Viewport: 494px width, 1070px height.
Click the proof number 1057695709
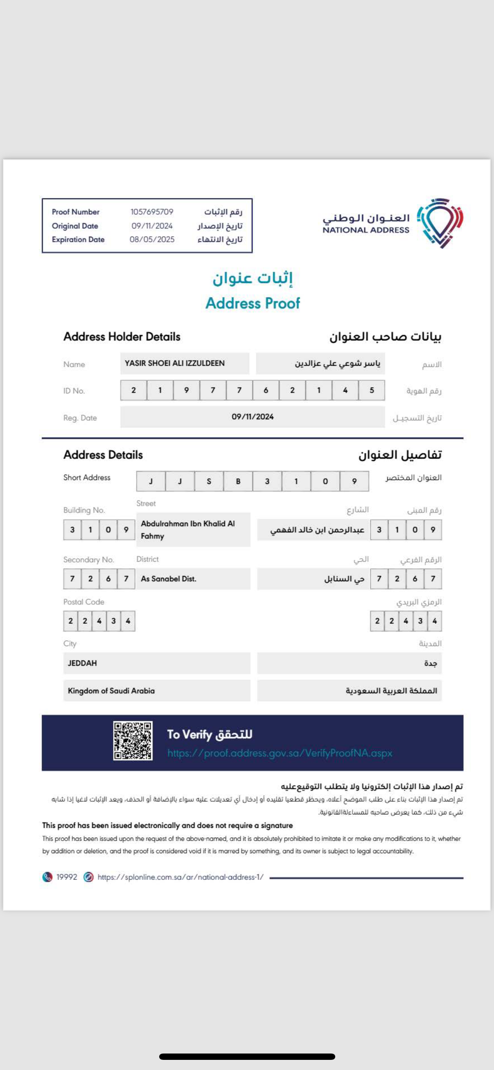coord(152,212)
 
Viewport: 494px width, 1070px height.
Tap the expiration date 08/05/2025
coord(152,240)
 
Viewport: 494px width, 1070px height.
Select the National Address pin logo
coord(440,222)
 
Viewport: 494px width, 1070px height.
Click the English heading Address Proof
coord(252,303)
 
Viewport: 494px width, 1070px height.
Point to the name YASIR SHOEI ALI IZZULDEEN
coord(175,363)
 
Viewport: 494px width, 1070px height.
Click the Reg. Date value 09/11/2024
coord(252,417)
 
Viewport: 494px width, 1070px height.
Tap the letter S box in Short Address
coord(209,481)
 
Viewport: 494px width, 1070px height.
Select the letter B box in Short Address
coord(238,481)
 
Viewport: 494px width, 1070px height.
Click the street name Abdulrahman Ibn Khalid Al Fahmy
coord(188,530)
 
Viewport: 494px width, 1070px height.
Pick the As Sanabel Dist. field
coord(169,579)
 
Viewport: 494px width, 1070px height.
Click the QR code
coord(133,741)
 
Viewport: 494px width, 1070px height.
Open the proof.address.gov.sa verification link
coord(280,753)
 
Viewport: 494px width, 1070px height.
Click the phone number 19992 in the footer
coord(67,877)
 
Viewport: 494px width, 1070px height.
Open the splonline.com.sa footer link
coord(180,877)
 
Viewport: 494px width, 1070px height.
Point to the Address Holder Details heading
coord(122,337)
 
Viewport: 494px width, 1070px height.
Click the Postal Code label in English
coord(84,602)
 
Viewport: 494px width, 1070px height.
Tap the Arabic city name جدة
coord(430,663)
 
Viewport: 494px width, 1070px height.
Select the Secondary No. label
coord(88,560)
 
